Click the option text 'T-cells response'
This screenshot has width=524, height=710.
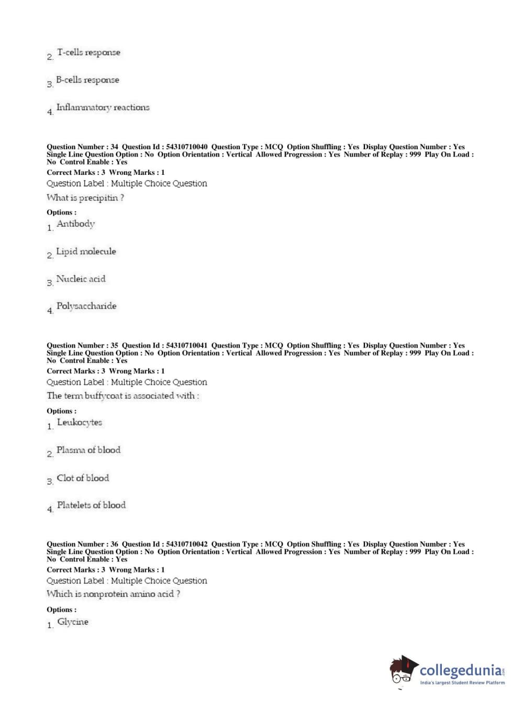pyautogui.click(x=88, y=53)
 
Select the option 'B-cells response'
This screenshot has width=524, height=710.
pyautogui.click(x=87, y=80)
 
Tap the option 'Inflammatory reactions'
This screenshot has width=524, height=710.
pyautogui.click(x=103, y=107)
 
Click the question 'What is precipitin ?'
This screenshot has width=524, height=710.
pyautogui.click(x=85, y=198)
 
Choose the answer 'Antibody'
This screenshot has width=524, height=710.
pyautogui.click(x=76, y=224)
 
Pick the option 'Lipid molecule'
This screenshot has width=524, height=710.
pyautogui.click(x=86, y=252)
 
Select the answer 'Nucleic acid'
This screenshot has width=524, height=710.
pyautogui.click(x=81, y=279)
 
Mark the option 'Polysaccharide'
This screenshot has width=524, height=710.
pyautogui.click(x=86, y=306)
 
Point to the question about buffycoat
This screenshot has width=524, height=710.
pyautogui.click(x=122, y=396)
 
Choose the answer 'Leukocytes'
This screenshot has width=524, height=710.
pyautogui.click(x=80, y=423)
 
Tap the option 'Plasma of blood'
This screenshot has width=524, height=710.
pyautogui.click(x=88, y=450)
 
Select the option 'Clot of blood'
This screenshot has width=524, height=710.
pyautogui.click(x=83, y=478)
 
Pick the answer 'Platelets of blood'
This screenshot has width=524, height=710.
pyautogui.click(x=91, y=505)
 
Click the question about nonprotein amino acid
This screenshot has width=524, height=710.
pyautogui.click(x=113, y=594)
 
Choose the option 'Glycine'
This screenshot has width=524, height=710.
pyautogui.click(x=73, y=622)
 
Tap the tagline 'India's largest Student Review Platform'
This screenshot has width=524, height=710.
pyautogui.click(x=462, y=683)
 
